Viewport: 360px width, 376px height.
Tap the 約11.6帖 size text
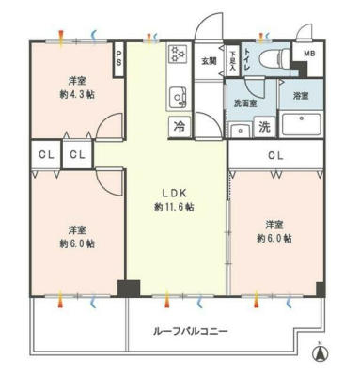175,206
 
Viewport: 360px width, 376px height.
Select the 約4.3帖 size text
76,95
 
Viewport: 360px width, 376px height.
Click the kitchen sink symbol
175,96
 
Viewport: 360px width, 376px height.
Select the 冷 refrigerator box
178,123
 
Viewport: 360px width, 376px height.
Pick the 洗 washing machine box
264,126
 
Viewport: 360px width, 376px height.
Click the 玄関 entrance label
208,62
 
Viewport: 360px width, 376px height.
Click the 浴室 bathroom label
300,97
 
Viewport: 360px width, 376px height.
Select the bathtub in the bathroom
300,125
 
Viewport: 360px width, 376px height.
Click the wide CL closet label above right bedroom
275,155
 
